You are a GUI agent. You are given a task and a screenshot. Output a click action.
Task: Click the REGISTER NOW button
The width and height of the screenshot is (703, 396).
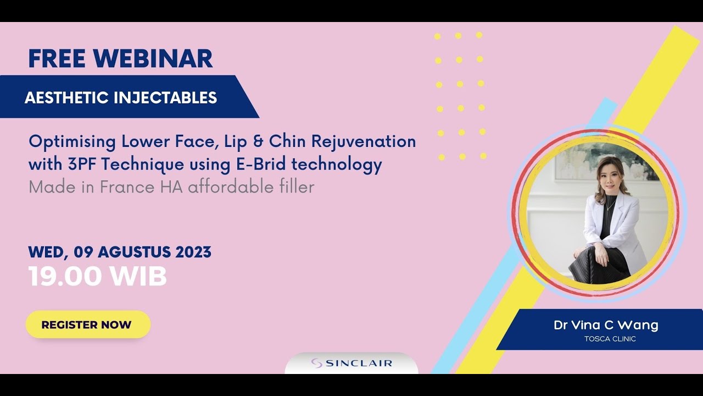pyautogui.click(x=87, y=324)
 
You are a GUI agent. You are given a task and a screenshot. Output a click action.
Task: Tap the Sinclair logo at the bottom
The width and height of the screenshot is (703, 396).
pyautogui.click(x=351, y=363)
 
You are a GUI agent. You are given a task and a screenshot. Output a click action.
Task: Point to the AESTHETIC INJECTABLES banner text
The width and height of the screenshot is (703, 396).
pyautogui.click(x=121, y=98)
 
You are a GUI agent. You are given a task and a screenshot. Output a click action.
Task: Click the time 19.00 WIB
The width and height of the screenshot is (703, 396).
pyautogui.click(x=97, y=277)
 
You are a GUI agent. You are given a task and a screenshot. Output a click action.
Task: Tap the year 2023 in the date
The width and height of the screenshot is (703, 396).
pyautogui.click(x=193, y=252)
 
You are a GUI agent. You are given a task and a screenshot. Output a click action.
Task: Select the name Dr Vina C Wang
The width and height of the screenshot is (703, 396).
pyautogui.click(x=606, y=325)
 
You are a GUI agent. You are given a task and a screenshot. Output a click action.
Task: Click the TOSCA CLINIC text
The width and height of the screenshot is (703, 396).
pyautogui.click(x=610, y=339)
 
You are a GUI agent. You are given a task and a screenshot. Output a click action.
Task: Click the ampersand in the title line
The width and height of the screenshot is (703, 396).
pyautogui.click(x=258, y=142)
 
